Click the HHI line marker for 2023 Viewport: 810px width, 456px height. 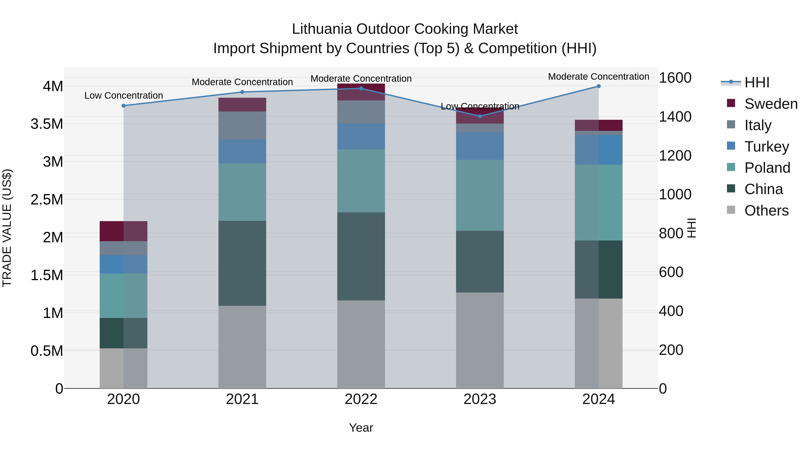click(480, 116)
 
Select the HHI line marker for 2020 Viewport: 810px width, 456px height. click(124, 106)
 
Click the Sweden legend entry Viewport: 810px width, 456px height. click(771, 104)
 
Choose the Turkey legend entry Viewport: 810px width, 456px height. click(767, 147)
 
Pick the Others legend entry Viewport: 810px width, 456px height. click(766, 211)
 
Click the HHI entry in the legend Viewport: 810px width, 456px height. click(757, 82)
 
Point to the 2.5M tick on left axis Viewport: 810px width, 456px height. click(47, 200)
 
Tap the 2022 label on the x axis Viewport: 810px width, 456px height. click(361, 399)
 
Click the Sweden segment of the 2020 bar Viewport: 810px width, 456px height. click(123, 231)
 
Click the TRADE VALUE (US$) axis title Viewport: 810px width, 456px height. click(7, 228)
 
